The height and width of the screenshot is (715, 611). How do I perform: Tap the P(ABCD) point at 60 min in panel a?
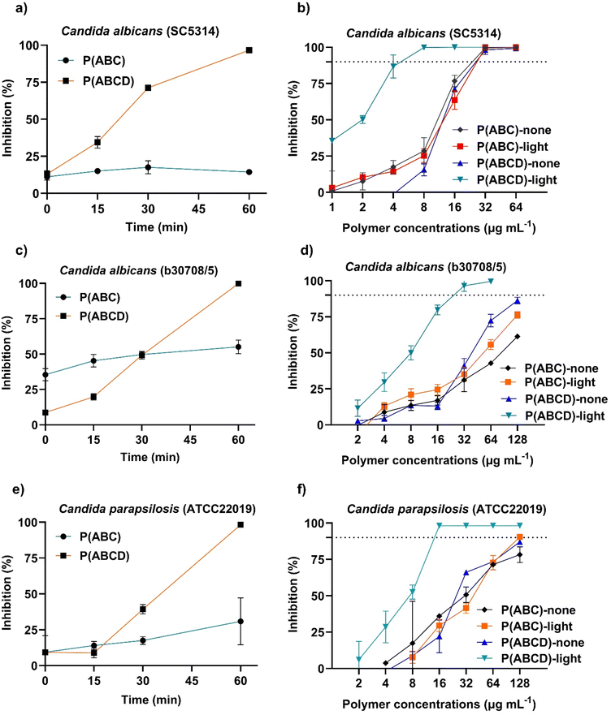249,50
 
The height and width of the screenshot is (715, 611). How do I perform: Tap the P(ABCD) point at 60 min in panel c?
249,283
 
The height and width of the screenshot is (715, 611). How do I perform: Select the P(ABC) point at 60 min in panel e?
249,621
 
